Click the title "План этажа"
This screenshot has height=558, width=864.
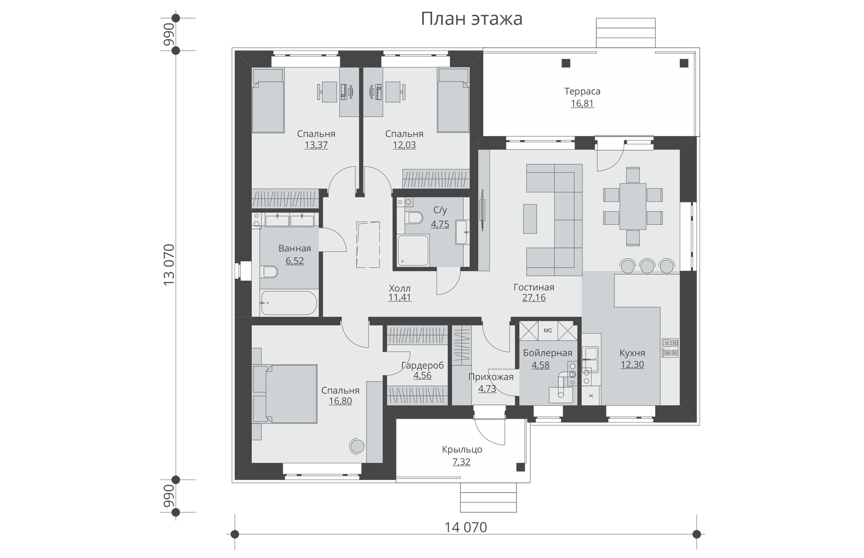tap(471, 19)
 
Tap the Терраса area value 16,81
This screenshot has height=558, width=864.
tap(582, 103)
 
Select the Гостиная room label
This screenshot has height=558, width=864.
tap(534, 287)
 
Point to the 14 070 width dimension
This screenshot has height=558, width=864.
tap(466, 527)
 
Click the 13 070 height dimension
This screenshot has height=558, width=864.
tap(169, 265)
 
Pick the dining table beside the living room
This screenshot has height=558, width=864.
tap(633, 206)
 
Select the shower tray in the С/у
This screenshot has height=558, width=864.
tap(412, 250)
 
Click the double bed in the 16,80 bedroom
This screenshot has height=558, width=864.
tap(285, 394)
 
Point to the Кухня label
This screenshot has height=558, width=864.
tap(632, 353)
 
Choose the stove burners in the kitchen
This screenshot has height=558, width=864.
tap(670, 348)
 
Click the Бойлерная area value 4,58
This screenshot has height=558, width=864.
tap(541, 365)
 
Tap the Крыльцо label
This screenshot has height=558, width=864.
tap(462, 449)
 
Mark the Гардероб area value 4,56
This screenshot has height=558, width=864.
tap(422, 376)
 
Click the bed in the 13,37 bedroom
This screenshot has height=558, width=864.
tap(268, 100)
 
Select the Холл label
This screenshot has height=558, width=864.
tap(400, 288)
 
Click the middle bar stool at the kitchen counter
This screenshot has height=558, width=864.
tap(647, 266)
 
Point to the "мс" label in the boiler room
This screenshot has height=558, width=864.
tap(548, 331)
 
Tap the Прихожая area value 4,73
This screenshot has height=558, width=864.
tap(487, 389)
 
